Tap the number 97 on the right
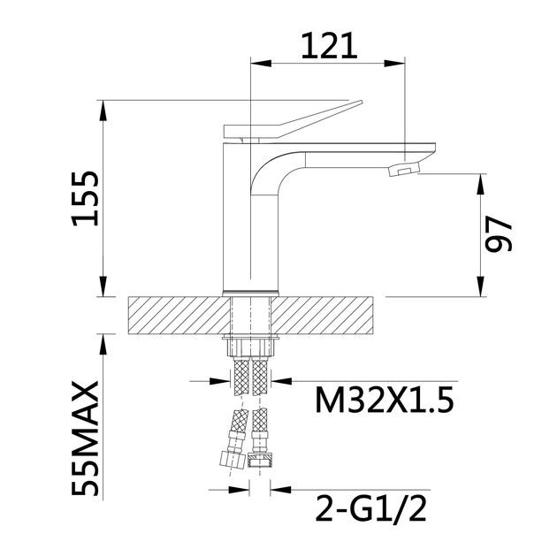coord(501,236)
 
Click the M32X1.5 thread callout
coord(384,402)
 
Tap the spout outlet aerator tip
coord(405,169)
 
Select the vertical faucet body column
coord(237,221)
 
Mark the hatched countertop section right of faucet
coord(331,314)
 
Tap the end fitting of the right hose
coord(261,462)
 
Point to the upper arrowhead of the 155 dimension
coord(104,108)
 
